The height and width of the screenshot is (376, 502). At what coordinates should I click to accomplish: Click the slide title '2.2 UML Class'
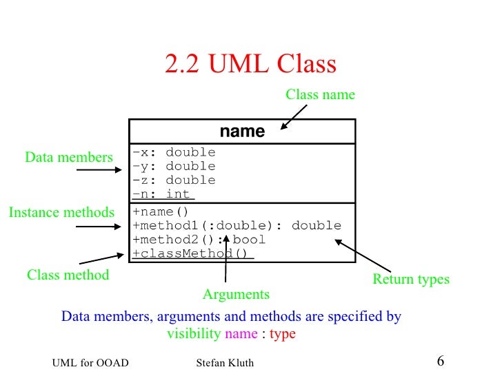[250, 64]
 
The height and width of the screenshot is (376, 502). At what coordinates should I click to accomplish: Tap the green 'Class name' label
[320, 95]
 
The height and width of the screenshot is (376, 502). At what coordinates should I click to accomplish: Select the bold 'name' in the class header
[242, 132]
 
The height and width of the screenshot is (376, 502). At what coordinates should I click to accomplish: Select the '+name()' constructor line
[160, 211]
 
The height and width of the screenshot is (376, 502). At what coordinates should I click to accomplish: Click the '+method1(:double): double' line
[237, 225]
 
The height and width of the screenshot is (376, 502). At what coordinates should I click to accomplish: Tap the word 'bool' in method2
[249, 240]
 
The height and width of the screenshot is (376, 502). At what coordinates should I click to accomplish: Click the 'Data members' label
[68, 158]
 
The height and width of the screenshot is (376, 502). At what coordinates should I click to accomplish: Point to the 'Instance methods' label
[61, 213]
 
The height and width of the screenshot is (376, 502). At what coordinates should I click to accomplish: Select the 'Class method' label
[68, 275]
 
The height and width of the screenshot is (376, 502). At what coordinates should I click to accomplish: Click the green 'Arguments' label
[236, 295]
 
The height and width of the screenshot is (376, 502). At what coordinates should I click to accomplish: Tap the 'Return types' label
[411, 280]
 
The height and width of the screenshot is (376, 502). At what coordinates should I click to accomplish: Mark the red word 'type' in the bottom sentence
[283, 334]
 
